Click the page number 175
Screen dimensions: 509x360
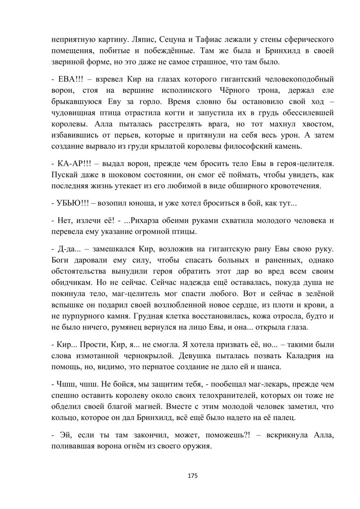click(x=193, y=476)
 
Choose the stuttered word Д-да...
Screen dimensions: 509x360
click(x=66, y=249)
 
